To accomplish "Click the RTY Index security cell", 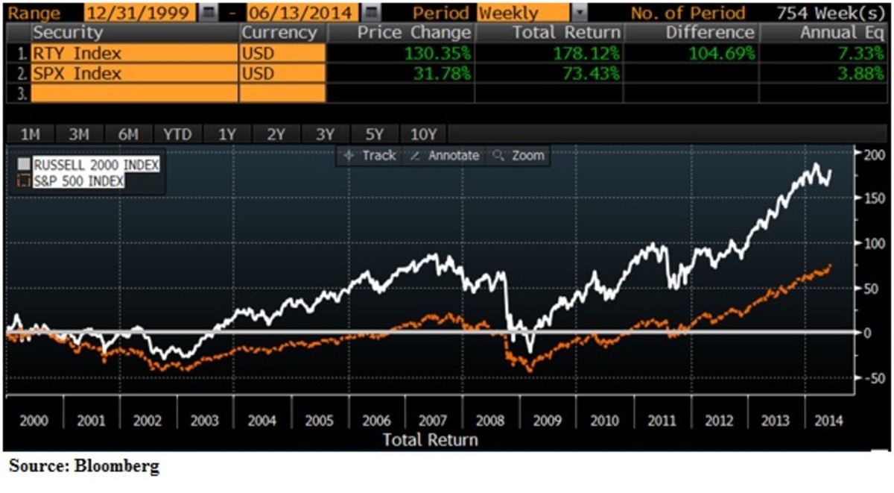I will (77, 54).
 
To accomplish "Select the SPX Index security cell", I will (77, 74).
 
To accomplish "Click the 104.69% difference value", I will (722, 54).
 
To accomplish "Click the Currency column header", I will (279, 33).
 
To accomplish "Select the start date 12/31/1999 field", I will (140, 13).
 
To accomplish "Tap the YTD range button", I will (177, 134).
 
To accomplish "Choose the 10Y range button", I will (423, 134).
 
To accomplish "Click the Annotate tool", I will (446, 156).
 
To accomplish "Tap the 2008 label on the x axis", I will (490, 421).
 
